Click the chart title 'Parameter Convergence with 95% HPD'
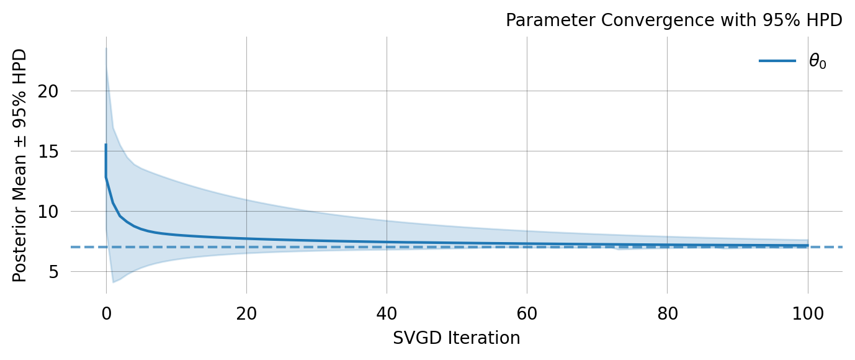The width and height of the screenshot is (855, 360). pos(674,20)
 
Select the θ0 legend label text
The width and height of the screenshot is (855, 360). pos(817,61)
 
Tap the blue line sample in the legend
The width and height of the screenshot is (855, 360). pos(777,61)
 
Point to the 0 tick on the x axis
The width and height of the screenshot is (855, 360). pos(106,313)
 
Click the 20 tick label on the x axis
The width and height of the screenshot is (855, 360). pos(246,313)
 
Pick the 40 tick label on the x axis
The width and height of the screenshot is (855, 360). pos(387,313)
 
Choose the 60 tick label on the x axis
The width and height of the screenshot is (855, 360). pos(527,313)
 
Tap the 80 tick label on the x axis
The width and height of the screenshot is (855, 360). pos(667,313)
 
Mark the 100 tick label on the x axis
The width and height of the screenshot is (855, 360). pos(807,313)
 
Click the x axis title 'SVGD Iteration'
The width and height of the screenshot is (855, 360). pos(457,338)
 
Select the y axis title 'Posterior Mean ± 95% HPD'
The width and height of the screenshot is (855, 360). pos(20,165)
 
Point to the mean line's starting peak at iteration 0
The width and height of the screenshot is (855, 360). pos(106,145)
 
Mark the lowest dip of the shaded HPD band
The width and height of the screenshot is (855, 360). pos(113,282)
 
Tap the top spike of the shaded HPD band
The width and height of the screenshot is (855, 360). pos(106,48)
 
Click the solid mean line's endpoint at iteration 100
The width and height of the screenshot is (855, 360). pos(807,245)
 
